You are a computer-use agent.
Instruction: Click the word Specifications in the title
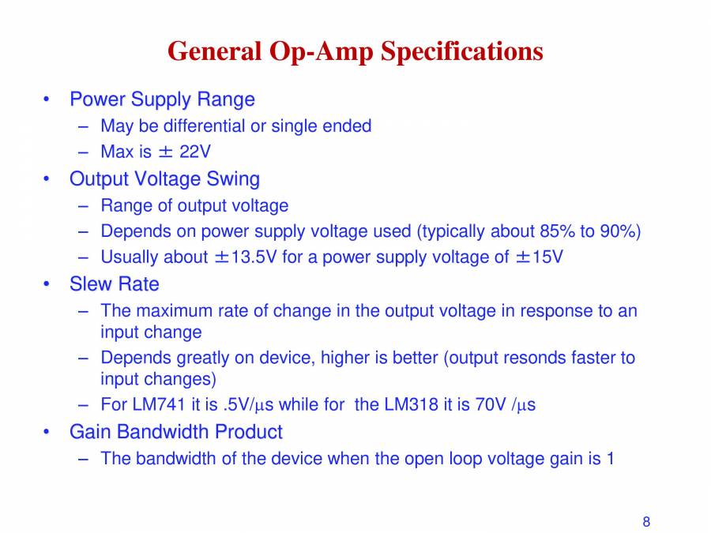(x=462, y=52)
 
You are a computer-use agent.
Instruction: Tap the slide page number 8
(x=646, y=521)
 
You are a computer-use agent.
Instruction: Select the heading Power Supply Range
(x=162, y=99)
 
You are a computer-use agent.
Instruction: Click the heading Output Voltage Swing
(x=164, y=179)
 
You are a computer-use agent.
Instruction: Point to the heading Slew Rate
(x=114, y=284)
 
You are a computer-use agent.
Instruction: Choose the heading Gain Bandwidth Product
(x=175, y=432)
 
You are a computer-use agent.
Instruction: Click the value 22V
(x=195, y=152)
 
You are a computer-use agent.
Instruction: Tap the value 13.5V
(x=254, y=257)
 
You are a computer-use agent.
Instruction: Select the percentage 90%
(x=613, y=231)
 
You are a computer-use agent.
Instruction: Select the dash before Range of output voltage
(x=84, y=206)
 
